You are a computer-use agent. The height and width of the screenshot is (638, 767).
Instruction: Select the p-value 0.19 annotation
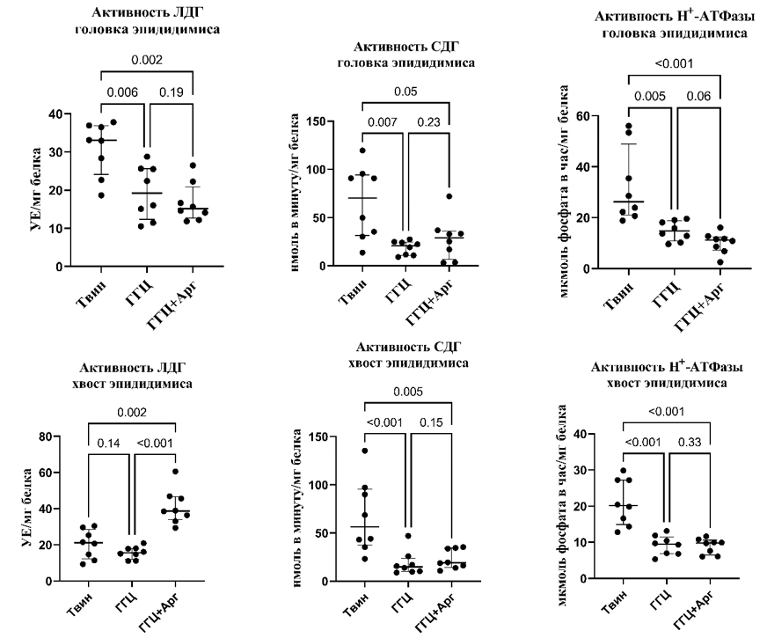click(170, 91)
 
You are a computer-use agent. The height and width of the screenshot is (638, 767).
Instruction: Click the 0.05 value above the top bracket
click(405, 92)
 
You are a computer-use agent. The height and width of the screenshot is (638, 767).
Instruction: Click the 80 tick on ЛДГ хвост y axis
click(45, 436)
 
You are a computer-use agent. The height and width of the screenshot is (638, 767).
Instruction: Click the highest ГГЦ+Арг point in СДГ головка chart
click(449, 196)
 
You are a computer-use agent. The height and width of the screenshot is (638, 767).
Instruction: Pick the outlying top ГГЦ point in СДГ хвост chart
click(408, 536)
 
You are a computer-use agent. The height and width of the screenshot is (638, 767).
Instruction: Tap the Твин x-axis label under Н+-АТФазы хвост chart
click(621, 605)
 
